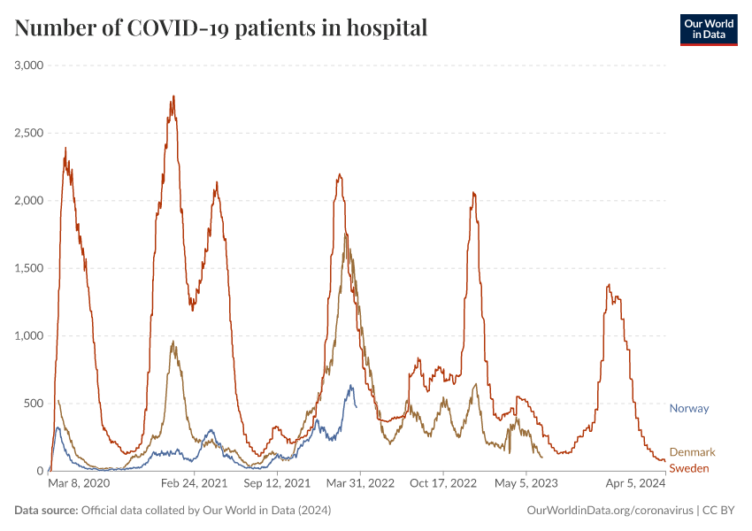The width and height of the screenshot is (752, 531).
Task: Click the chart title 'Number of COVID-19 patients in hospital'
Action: pyautogui.click(x=221, y=28)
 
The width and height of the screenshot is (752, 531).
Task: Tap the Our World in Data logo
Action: pyautogui.click(x=708, y=29)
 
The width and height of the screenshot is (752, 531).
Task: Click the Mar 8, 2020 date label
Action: pyautogui.click(x=80, y=484)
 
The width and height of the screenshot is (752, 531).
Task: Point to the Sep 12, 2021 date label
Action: pyautogui.click(x=278, y=484)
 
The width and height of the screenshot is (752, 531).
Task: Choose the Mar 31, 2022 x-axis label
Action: pyautogui.click(x=359, y=484)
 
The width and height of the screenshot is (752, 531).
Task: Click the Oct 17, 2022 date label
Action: pyautogui.click(x=443, y=484)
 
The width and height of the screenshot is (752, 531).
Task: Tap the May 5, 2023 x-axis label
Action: pyautogui.click(x=526, y=484)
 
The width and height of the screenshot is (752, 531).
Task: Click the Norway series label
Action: pyautogui.click(x=689, y=408)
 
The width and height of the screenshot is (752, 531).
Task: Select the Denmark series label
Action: pyautogui.click(x=692, y=452)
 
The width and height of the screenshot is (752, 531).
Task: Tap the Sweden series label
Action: pyautogui.click(x=689, y=468)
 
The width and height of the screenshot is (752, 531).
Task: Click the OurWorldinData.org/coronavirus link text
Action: pyautogui.click(x=610, y=511)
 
